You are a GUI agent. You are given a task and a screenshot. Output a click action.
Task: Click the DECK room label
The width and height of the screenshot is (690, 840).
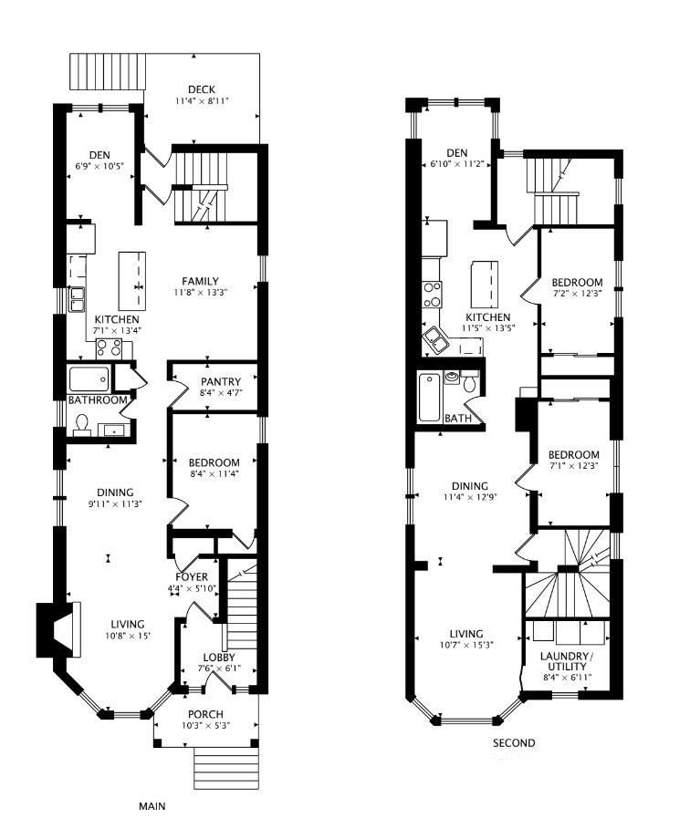click(202, 89)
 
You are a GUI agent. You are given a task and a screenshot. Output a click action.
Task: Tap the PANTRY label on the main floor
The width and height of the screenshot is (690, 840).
click(221, 381)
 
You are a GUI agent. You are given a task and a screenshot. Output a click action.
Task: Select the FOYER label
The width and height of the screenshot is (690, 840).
click(192, 577)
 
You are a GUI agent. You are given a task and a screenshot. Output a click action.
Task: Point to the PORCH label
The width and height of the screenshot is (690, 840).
click(205, 714)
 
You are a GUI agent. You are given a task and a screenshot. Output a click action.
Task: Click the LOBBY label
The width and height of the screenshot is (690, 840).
click(219, 658)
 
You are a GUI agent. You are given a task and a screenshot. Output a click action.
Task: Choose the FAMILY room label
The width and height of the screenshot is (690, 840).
click(200, 281)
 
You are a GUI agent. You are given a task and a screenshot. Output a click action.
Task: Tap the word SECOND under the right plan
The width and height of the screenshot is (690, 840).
click(514, 743)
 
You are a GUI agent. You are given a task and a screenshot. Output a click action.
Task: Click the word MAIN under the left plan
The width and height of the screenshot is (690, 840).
click(152, 806)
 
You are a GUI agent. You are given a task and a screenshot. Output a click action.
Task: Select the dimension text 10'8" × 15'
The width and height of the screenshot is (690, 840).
click(128, 636)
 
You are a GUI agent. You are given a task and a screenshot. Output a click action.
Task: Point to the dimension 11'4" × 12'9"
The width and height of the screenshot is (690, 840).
click(470, 497)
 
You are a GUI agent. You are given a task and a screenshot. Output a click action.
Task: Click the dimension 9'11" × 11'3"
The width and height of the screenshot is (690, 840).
click(115, 503)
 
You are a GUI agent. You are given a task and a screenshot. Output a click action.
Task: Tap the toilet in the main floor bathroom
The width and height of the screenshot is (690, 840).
click(82, 424)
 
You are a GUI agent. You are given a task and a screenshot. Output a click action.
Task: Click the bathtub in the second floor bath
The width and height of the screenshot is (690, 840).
click(430, 397)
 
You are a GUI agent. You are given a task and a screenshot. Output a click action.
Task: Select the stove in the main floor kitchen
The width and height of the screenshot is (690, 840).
click(109, 348)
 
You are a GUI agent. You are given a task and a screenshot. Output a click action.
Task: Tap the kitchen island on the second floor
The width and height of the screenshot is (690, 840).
click(484, 283)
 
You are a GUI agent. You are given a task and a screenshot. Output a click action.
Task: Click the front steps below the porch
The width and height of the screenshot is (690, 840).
click(226, 769)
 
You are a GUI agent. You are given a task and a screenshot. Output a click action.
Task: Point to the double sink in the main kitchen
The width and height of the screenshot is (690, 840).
click(76, 299)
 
